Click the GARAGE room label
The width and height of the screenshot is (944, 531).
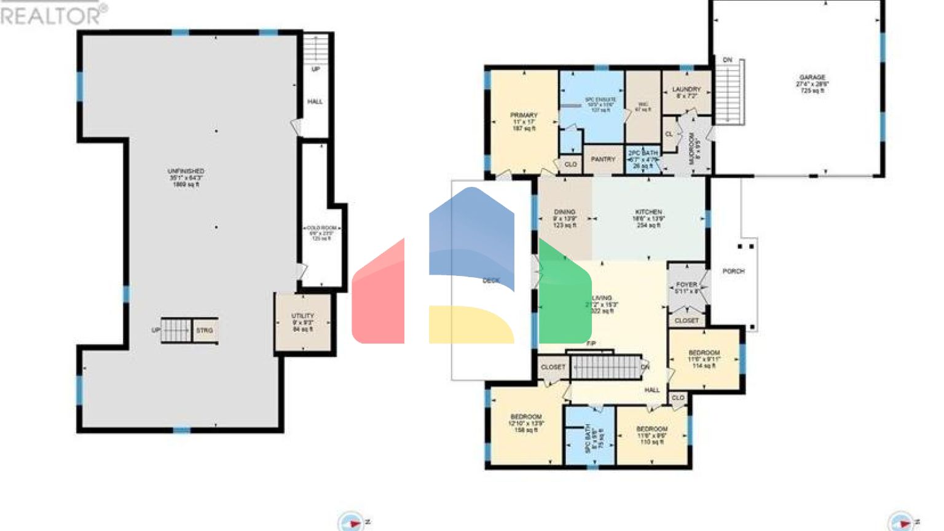coord(812,78)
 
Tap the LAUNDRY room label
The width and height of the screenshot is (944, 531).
coord(686,90)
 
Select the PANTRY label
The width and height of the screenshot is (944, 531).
coord(602,159)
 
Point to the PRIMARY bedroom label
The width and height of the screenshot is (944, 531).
coord(524,116)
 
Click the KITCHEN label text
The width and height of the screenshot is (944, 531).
coord(648,212)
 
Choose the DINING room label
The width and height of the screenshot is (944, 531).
coord(564,212)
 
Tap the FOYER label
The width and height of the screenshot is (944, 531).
coord(686,285)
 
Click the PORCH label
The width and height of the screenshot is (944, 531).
coord(733,271)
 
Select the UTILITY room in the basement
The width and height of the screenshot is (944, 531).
coord(302,316)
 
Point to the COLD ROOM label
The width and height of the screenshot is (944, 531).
coord(321,228)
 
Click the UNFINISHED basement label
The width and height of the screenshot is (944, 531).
coord(186,171)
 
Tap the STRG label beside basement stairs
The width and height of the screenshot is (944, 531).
coord(205,331)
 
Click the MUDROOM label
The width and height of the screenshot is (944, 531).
coord(691,148)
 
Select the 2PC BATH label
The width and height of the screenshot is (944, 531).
coord(642,153)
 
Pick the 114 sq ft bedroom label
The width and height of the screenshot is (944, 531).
coord(704,353)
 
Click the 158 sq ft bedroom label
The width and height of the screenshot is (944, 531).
coord(526,417)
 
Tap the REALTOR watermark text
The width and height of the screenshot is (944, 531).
coord(52,15)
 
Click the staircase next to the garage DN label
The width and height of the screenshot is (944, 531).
coord(730,92)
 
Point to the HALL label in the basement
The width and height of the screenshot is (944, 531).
coord(315,102)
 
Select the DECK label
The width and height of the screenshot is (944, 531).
coord(491,281)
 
